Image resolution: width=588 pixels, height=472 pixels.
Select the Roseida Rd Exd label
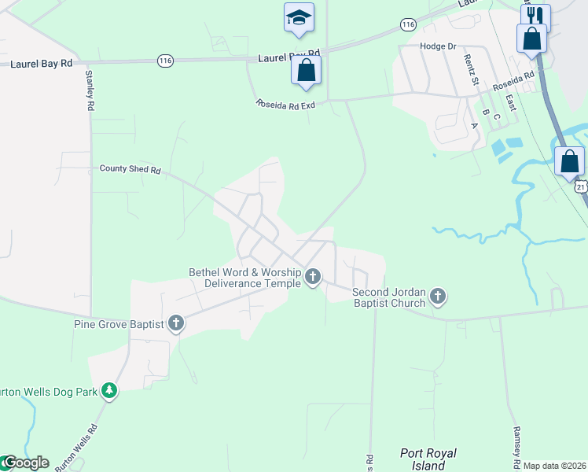click(285, 104)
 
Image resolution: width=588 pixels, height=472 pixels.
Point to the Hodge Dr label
click(438, 46)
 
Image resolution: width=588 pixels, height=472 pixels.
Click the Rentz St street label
click(469, 70)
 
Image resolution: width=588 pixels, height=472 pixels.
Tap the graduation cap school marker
click(299, 17)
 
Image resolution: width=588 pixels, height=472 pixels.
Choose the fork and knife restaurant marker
click(535, 17)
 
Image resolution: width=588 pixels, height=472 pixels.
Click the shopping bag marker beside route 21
click(569, 161)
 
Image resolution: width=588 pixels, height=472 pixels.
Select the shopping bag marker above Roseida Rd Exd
click(306, 69)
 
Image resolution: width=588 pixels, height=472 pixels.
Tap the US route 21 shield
click(580, 187)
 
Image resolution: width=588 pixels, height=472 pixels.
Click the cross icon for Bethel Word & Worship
click(313, 276)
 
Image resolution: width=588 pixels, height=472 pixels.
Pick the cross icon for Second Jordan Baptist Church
click(438, 297)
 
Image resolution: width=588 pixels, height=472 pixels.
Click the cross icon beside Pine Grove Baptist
click(175, 323)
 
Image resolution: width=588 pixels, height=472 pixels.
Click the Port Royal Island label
click(428, 459)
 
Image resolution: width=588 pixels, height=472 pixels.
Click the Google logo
click(25, 463)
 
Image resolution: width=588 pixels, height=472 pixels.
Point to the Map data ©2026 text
click(554, 466)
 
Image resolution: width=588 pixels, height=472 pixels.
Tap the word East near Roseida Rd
click(511, 103)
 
